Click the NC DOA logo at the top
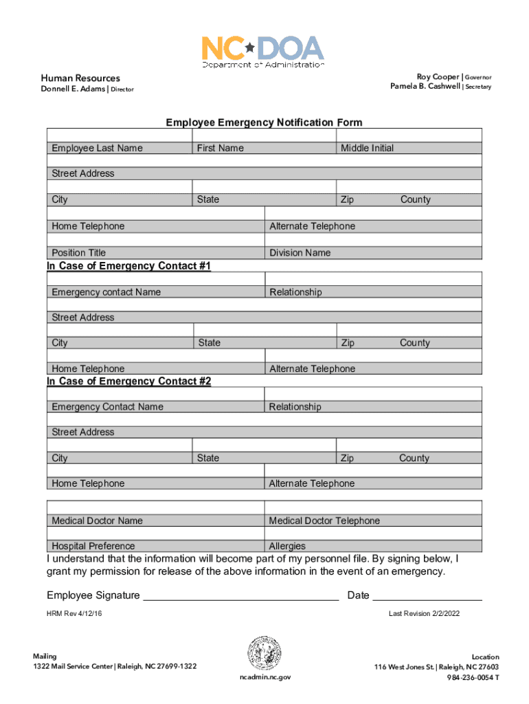262,51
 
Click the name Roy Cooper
438,76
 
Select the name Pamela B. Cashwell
425,87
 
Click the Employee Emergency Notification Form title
264,122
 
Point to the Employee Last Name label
97,148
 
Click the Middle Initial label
367,148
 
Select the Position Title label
78,252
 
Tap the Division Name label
300,252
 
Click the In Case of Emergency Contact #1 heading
128,265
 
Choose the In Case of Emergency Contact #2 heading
128,381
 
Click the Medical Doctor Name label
97,520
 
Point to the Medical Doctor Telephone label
324,520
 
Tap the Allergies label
287,546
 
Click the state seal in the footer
264,653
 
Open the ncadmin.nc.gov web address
264,677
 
